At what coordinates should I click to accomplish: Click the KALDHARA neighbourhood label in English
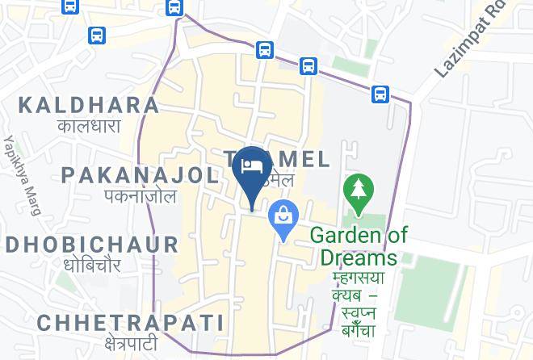click(x=89, y=104)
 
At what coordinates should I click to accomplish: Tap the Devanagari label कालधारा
click(x=89, y=126)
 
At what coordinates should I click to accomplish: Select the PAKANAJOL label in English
click(x=140, y=174)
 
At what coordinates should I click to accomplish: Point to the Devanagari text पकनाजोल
click(x=140, y=195)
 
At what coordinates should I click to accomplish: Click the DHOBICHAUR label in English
click(x=91, y=244)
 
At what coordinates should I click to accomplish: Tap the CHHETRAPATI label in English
click(x=130, y=322)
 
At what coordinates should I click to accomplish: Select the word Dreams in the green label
click(x=359, y=257)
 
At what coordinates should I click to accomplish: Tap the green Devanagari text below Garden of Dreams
click(x=359, y=295)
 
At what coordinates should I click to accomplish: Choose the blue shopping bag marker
click(x=284, y=216)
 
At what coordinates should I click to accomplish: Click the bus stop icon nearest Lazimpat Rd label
click(x=380, y=94)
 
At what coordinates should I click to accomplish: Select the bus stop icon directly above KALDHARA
click(x=97, y=36)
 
